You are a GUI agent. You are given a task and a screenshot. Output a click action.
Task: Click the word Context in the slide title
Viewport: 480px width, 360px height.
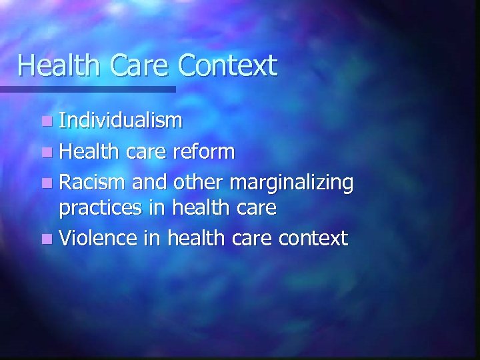pos(229,66)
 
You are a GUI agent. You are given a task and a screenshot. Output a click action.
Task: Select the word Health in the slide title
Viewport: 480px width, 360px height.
pos(59,66)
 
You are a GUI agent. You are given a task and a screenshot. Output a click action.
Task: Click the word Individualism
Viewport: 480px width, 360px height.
pos(120,121)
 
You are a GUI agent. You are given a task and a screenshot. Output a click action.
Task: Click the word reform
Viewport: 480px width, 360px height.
pos(203,151)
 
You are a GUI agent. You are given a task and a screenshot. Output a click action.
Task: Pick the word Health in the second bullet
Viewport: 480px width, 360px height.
pos(90,151)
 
